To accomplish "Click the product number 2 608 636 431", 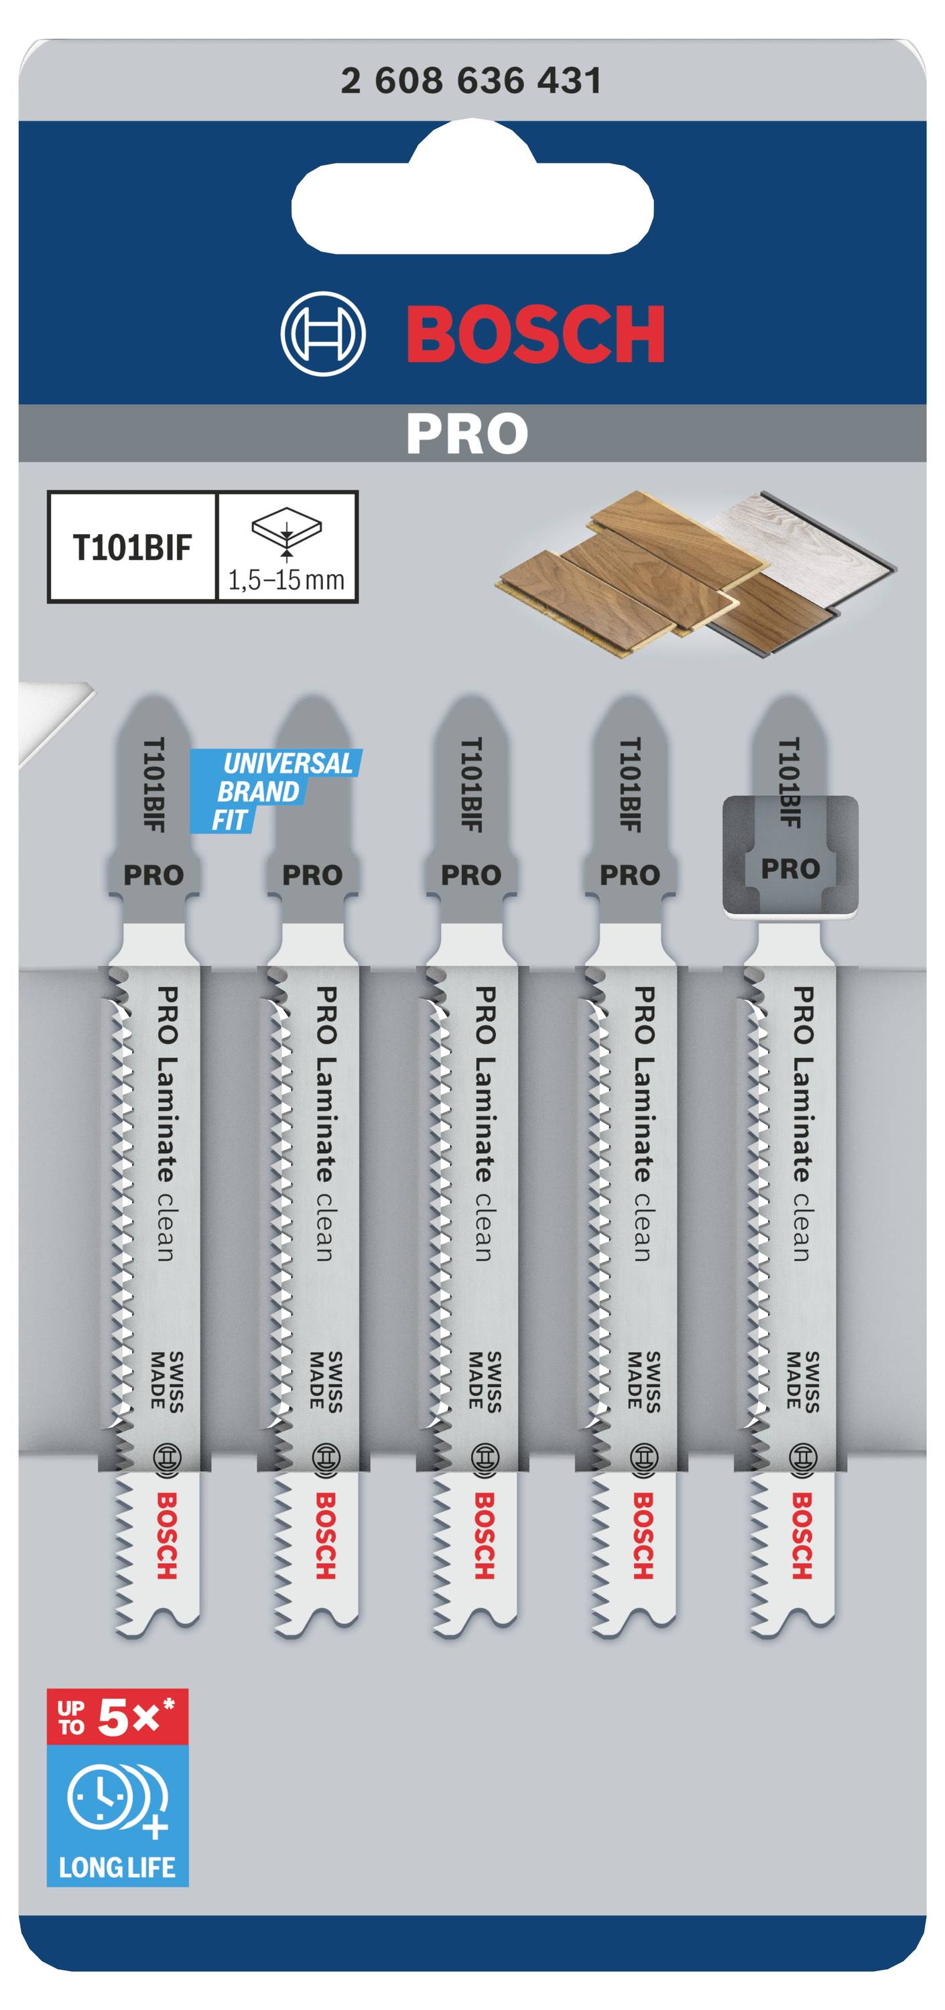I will [x=471, y=81].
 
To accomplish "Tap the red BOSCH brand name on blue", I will [x=535, y=334].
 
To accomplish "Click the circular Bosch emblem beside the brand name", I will [x=322, y=334].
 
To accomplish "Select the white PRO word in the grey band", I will [x=466, y=434].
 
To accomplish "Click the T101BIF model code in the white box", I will [x=132, y=548].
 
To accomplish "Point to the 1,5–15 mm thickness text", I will [x=286, y=580].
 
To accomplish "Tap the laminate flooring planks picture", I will [x=694, y=574].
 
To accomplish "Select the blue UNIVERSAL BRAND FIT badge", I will [x=277, y=790].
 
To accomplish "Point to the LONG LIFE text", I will [x=117, y=1867].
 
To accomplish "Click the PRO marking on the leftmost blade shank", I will [x=153, y=875].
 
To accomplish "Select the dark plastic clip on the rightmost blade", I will [x=790, y=857].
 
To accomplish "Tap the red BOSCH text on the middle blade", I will [x=485, y=1536].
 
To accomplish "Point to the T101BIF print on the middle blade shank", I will [x=471, y=784].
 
